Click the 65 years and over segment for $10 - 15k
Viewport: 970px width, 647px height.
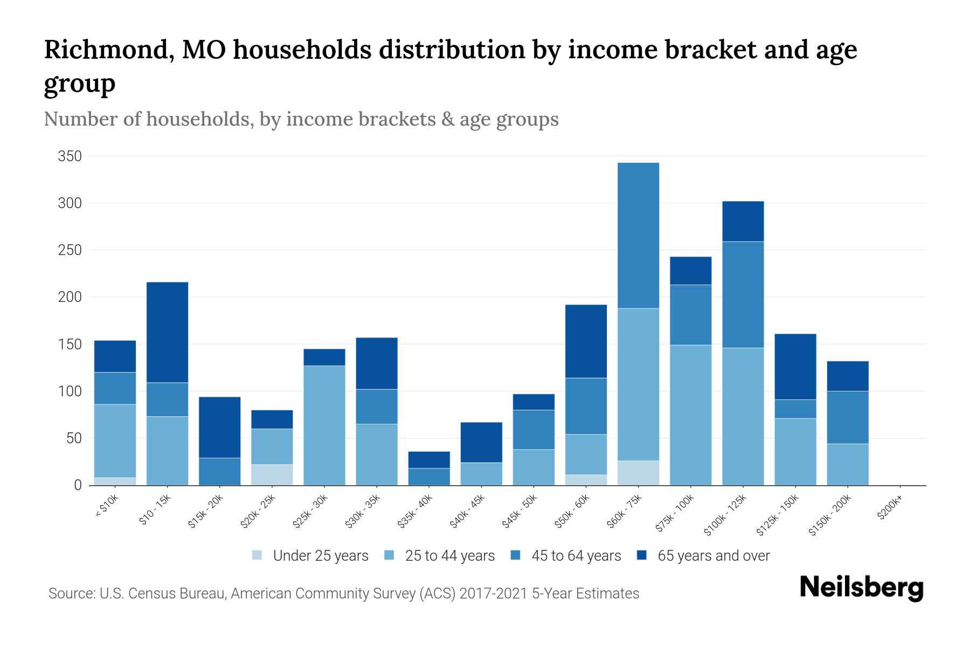(x=167, y=332)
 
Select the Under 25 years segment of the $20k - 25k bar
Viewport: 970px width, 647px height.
(x=272, y=474)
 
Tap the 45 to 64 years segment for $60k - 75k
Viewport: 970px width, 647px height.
(x=638, y=236)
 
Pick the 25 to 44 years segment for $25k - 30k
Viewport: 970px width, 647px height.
(x=324, y=425)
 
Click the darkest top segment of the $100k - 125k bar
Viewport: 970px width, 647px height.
(x=743, y=221)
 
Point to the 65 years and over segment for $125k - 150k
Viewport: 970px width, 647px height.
(x=795, y=367)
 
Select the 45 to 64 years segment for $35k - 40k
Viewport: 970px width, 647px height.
(x=428, y=476)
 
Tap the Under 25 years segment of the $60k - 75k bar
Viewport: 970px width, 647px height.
(x=638, y=473)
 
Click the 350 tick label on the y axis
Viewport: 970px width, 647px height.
(x=70, y=156)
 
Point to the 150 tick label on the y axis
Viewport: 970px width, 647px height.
(x=70, y=345)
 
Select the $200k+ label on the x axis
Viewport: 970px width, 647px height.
(x=889, y=510)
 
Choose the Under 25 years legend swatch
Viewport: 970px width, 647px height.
(x=258, y=555)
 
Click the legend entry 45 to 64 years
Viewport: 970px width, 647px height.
(x=576, y=555)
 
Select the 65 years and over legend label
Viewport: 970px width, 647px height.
(x=713, y=555)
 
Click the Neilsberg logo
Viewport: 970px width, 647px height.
(x=861, y=588)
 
